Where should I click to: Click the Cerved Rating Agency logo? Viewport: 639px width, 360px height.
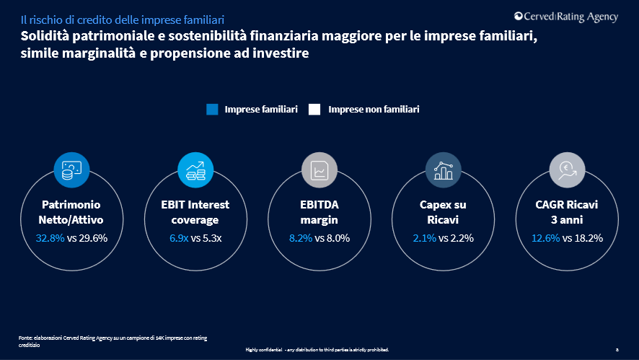pyautogui.click(x=566, y=17)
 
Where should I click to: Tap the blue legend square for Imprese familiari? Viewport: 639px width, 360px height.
pyautogui.click(x=212, y=110)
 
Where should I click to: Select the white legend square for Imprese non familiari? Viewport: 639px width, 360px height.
pyautogui.click(x=314, y=110)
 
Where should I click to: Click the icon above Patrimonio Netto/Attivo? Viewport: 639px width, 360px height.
pyautogui.click(x=71, y=170)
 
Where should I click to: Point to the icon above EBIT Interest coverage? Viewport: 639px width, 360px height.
pyautogui.click(x=195, y=170)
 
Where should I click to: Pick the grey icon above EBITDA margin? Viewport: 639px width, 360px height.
pyautogui.click(x=319, y=170)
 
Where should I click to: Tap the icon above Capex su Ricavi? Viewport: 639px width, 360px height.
pyautogui.click(x=443, y=170)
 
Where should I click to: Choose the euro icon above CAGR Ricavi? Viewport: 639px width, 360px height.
pyautogui.click(x=567, y=170)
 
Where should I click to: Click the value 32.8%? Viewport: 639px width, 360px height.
pyautogui.click(x=50, y=237)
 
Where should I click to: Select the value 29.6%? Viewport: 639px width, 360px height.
pyautogui.click(x=93, y=237)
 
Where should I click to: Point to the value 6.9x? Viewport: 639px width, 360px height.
pyautogui.click(x=178, y=237)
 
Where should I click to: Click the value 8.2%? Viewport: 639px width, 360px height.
pyautogui.click(x=301, y=237)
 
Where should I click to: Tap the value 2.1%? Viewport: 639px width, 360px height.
pyautogui.click(x=425, y=237)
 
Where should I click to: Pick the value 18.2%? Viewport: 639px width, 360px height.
pyautogui.click(x=588, y=237)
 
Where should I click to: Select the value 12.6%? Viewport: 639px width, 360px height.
pyautogui.click(x=545, y=237)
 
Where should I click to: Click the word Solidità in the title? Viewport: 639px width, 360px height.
pyautogui.click(x=45, y=35)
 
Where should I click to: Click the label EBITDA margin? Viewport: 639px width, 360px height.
pyautogui.click(x=319, y=212)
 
